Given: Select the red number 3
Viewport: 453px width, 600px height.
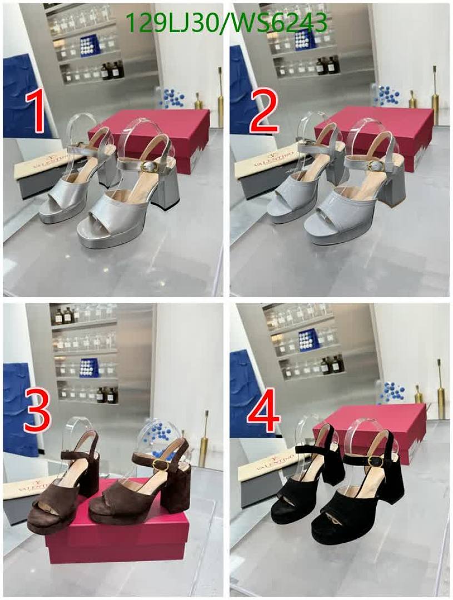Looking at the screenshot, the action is tap(37, 411).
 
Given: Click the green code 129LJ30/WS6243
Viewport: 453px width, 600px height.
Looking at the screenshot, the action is tap(226, 22).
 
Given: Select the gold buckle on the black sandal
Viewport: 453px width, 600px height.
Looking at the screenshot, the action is tap(375, 462).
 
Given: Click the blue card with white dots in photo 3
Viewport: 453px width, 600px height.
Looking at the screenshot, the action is tap(89, 368).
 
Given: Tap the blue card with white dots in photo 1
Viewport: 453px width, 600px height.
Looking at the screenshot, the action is tap(91, 46).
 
